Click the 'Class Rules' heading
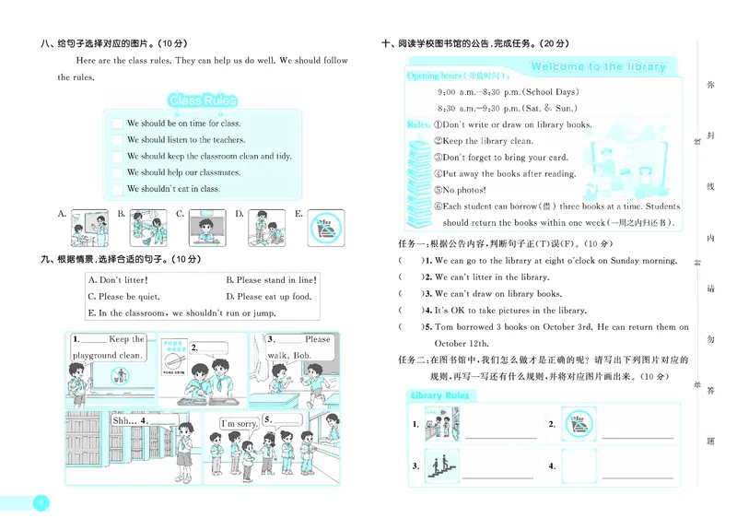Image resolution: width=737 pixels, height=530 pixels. tap(202, 100)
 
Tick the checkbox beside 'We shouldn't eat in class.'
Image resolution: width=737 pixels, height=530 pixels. tap(117, 189)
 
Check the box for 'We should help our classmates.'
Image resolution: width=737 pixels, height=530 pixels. tap(117, 172)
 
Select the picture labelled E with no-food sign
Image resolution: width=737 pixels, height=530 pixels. tap(325, 226)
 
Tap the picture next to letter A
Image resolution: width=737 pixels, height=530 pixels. tap(88, 226)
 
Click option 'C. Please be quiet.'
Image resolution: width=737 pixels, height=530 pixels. tap(123, 297)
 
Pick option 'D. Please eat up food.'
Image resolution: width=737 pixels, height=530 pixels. tap(268, 297)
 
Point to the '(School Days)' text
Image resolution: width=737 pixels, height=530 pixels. tap(548, 92)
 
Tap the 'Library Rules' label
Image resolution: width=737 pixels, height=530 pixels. tap(440, 396)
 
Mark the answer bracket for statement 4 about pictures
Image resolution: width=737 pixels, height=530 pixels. tap(406, 311)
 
